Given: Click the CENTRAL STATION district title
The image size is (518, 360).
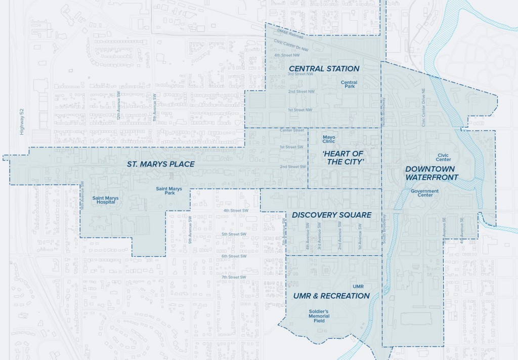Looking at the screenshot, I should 324,68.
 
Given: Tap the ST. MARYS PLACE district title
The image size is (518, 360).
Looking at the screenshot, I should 160,164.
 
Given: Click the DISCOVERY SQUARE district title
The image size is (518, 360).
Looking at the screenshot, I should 331,215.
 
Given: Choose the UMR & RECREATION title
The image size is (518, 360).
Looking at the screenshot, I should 331,296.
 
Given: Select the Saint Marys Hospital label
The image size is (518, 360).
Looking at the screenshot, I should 104,199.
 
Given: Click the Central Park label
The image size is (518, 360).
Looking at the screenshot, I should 349,84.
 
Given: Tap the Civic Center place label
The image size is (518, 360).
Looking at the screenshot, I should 444,157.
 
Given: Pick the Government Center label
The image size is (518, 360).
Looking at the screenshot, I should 425,193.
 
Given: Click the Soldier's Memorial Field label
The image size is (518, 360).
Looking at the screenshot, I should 319,316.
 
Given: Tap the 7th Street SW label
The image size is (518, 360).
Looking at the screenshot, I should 233,277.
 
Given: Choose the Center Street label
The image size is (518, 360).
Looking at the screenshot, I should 292,130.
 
